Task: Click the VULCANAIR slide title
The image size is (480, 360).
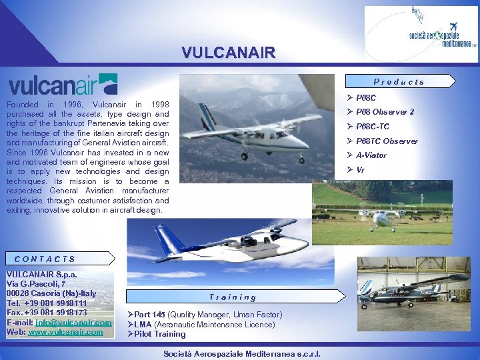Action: [x=227, y=53]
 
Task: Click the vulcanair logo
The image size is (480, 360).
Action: [x=63, y=85]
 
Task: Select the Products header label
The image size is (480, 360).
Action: [x=399, y=82]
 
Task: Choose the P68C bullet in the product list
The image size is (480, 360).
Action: [x=366, y=98]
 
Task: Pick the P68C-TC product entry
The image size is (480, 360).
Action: [x=372, y=127]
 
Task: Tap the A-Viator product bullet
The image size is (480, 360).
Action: [x=371, y=155]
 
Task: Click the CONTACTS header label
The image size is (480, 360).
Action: [x=45, y=259]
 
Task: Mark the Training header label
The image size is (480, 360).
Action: [x=232, y=297]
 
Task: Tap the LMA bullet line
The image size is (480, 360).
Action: [x=204, y=325]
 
